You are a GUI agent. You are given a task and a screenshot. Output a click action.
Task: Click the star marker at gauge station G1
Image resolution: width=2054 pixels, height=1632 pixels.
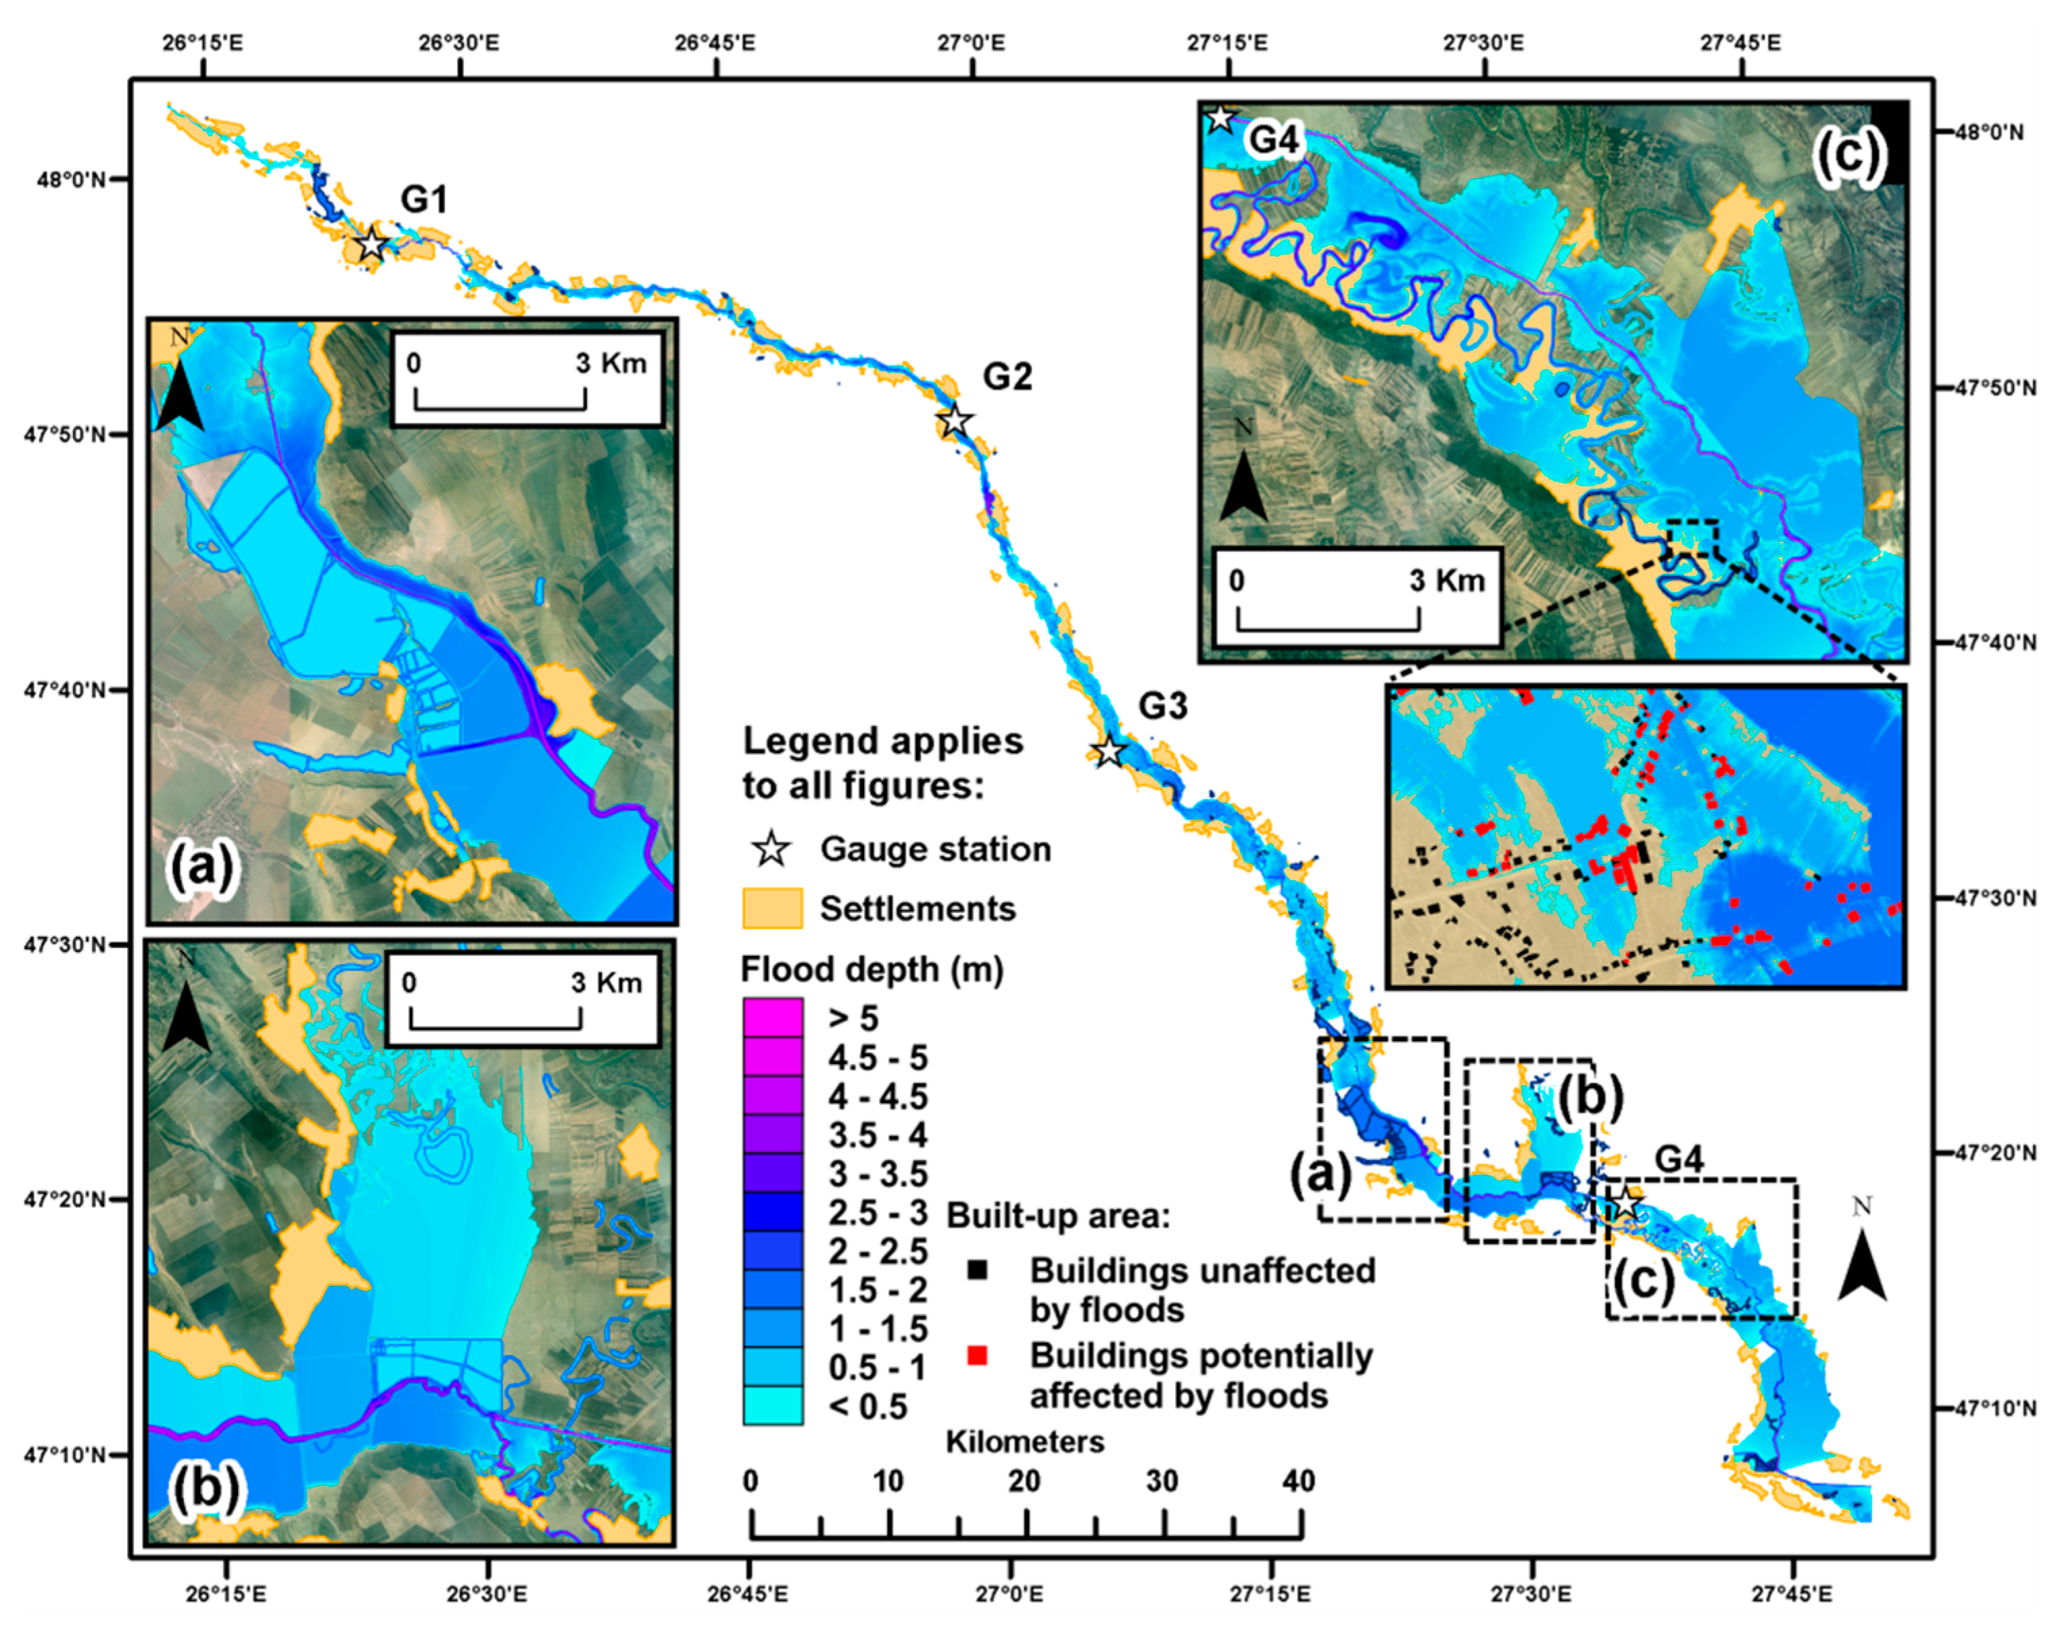[372, 245]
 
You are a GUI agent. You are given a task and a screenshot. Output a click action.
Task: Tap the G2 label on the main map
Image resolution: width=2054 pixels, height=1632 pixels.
[1007, 377]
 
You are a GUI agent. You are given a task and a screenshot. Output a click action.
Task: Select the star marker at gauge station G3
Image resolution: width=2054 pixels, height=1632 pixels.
[1108, 752]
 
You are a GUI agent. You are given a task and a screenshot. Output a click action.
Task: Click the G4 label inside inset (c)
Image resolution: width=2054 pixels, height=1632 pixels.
[1274, 140]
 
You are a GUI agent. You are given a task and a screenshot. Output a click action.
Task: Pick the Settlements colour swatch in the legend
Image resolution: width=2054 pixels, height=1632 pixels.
[771, 908]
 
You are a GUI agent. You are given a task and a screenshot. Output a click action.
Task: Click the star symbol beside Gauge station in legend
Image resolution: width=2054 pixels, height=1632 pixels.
[771, 849]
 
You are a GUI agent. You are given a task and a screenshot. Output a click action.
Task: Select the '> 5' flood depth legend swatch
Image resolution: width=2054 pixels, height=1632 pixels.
[771, 1017]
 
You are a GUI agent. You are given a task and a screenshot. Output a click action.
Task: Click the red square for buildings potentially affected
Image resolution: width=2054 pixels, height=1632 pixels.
[976, 1355]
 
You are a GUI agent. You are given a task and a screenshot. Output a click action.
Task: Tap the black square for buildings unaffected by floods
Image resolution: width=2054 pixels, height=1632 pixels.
[976, 1270]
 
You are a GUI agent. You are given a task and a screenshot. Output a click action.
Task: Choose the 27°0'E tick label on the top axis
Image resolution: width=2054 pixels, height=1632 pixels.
[972, 43]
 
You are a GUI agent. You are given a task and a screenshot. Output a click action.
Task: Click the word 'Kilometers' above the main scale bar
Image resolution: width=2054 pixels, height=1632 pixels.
[1024, 1441]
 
